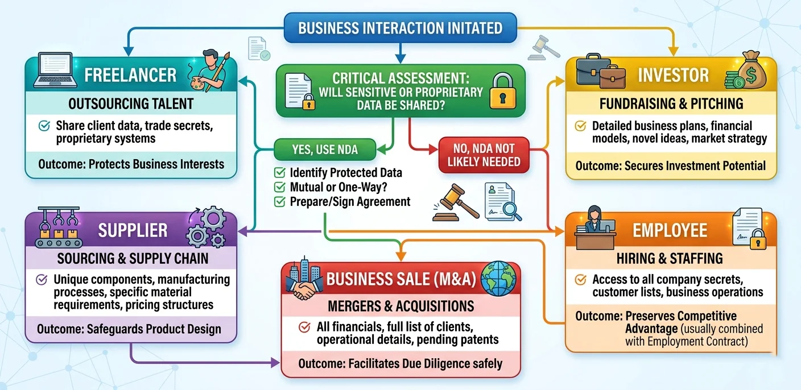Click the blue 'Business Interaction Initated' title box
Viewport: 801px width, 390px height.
(x=400, y=28)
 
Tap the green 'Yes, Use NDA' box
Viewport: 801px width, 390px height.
(x=325, y=150)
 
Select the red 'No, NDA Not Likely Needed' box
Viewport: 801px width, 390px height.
(x=484, y=155)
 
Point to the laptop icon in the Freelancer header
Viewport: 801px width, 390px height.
(x=55, y=70)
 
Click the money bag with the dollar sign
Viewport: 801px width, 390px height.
(x=750, y=70)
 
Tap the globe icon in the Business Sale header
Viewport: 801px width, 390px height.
(x=498, y=279)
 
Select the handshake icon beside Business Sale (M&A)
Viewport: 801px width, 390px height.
(x=303, y=289)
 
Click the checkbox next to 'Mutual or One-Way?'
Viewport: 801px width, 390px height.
(x=280, y=187)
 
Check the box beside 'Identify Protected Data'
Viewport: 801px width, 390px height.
(x=280, y=173)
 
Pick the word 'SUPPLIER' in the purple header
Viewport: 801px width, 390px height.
(x=133, y=230)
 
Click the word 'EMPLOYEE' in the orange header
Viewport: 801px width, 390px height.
(x=670, y=230)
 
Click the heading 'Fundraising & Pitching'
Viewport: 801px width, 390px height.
(x=671, y=103)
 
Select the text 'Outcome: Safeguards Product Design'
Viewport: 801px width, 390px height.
(x=129, y=329)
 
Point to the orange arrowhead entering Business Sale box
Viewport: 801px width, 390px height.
(x=401, y=256)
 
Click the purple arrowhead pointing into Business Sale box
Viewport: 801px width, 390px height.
(x=275, y=363)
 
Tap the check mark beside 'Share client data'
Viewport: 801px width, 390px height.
(x=44, y=126)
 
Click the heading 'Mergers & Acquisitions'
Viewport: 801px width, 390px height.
(x=401, y=306)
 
